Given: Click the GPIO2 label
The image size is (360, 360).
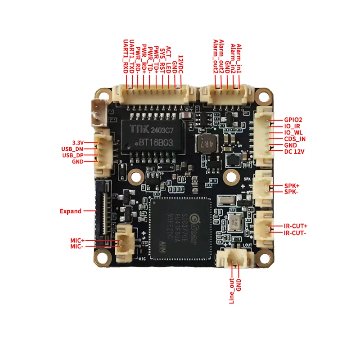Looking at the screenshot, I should [293, 120].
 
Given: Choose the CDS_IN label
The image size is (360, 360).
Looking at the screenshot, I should [295, 139].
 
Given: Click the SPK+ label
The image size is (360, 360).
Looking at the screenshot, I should [292, 185].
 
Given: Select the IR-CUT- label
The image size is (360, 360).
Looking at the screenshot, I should [295, 233].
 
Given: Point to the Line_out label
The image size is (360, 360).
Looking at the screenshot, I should [232, 290].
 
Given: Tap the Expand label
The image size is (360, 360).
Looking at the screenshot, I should [71, 211].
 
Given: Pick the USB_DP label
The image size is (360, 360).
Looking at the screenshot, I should [72, 155].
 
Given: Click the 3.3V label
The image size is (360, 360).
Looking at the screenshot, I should [79, 142].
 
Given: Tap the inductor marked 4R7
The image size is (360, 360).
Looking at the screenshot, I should [205, 143].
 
